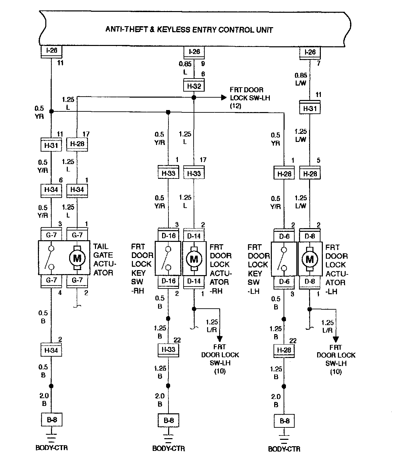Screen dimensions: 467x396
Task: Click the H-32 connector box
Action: [x=194, y=86]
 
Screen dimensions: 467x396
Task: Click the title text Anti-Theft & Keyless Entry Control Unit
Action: [x=189, y=30]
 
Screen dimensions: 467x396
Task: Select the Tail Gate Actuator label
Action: [x=103, y=259]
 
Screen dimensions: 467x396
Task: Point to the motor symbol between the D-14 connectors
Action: [x=194, y=259]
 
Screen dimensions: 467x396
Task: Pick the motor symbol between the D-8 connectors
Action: [x=310, y=259]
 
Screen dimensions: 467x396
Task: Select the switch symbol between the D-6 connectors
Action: [x=284, y=259]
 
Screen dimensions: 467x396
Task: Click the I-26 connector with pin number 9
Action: [x=194, y=52]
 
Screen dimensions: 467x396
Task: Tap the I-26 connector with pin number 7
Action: [x=310, y=52]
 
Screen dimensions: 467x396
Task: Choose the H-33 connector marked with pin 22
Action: [x=168, y=350]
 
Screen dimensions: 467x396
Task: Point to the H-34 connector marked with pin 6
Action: [x=51, y=190]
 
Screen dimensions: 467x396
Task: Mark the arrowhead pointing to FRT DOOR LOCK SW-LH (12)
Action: [x=224, y=98]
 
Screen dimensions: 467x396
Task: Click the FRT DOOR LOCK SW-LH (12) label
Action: [x=250, y=98]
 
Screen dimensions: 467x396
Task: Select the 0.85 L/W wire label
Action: [x=301, y=79]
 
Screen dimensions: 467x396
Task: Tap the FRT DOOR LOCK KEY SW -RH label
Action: [x=142, y=269]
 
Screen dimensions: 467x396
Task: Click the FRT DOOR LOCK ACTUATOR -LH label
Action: [x=337, y=269]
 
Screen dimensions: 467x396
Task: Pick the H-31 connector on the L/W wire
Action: [x=310, y=109]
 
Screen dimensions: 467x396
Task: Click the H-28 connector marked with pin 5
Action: [x=310, y=174]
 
